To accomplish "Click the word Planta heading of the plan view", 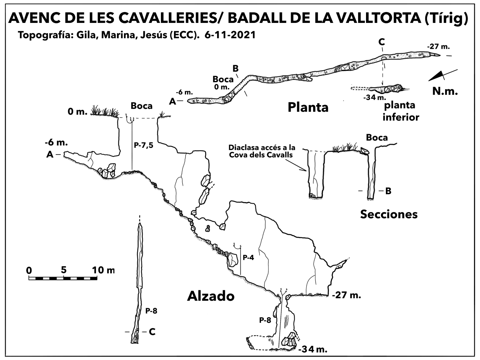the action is pos(308,108).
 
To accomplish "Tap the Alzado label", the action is pos(210,296).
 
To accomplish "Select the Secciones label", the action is pos(388,214).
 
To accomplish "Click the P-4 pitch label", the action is pos(249,258).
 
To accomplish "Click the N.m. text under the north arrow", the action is pos(445,91).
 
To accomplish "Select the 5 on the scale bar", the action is pos(63,269).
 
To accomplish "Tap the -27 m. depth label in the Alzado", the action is pos(346,295).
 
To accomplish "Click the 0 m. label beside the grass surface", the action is pos(78,111).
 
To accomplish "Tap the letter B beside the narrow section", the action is pos(388,191).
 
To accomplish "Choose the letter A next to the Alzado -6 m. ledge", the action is pos(50,154).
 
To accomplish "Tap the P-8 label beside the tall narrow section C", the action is pos(151,310).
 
